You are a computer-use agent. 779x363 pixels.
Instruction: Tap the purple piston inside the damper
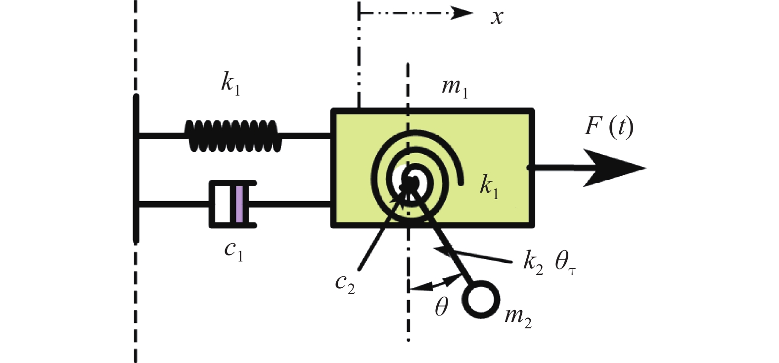coord(239,204)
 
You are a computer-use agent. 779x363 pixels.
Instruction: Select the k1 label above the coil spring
coord(230,83)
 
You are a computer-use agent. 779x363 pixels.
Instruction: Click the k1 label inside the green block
coord(489,186)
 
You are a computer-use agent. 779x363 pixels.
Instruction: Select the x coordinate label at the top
coord(497,17)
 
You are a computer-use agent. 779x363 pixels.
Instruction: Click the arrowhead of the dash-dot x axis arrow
coord(462,13)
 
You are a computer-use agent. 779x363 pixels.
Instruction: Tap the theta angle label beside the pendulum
coord(441,308)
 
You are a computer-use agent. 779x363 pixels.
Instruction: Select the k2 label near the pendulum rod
coord(533,261)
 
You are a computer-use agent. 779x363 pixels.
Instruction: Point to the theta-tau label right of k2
coord(565,261)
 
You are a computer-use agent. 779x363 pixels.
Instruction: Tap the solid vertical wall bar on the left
coord(137,168)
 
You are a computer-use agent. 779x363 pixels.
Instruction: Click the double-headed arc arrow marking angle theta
coord(435,284)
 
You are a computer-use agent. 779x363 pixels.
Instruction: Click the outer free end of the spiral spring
coord(461,183)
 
